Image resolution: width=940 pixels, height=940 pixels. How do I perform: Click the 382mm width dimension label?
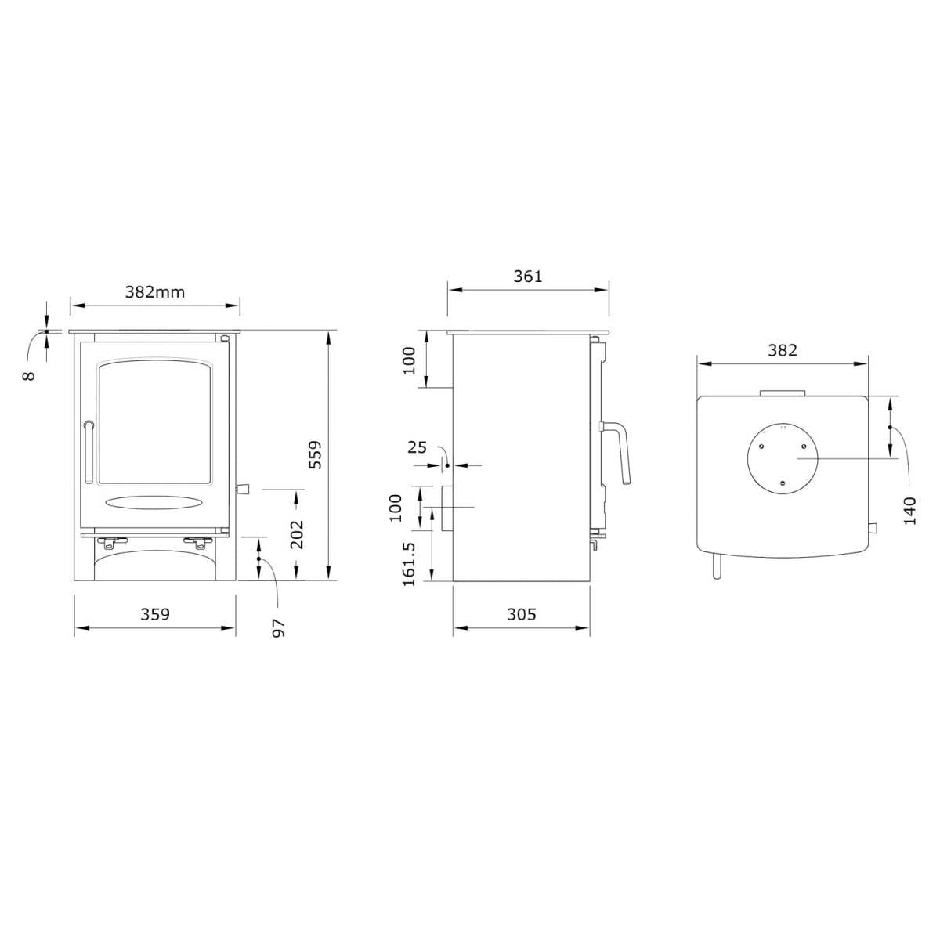[155, 292]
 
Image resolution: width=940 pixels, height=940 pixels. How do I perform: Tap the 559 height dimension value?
[316, 454]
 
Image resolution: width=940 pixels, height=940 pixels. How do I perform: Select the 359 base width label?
[155, 614]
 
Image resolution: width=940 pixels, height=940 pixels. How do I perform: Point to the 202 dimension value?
[297, 534]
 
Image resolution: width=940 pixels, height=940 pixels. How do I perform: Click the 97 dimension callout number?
[278, 628]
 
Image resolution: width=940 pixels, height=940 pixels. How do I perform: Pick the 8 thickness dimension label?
[29, 376]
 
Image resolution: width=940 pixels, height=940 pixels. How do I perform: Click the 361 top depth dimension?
[528, 277]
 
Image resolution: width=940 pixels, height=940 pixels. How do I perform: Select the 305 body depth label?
[522, 614]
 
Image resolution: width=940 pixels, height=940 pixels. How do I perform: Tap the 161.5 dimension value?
[409, 564]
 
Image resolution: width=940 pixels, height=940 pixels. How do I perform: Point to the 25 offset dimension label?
[417, 446]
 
